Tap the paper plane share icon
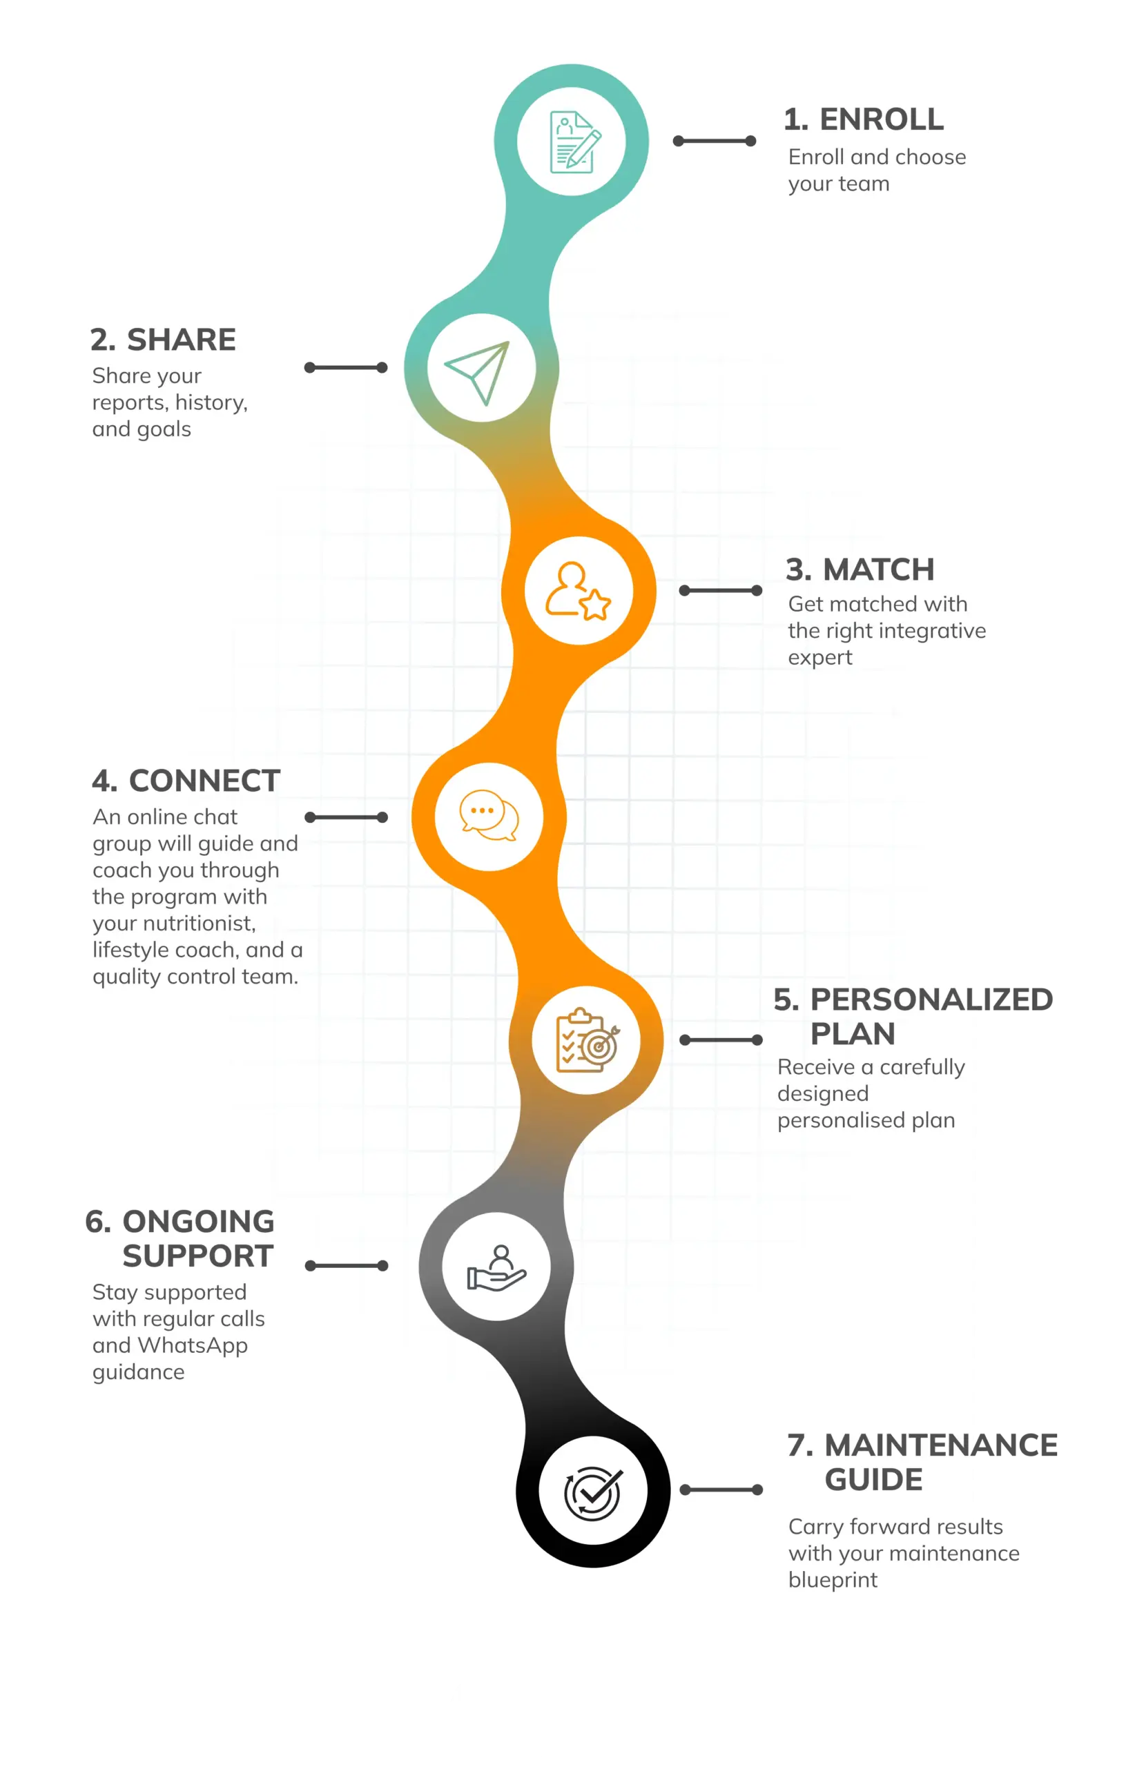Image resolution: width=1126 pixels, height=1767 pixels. click(477, 372)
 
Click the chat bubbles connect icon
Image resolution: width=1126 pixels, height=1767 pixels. click(489, 815)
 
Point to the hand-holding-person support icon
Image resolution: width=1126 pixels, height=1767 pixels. click(496, 1268)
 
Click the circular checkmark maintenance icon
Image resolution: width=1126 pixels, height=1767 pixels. click(593, 1492)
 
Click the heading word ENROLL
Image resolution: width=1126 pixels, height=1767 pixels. click(882, 119)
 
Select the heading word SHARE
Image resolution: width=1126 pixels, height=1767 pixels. click(182, 340)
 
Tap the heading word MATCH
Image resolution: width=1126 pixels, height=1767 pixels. click(879, 569)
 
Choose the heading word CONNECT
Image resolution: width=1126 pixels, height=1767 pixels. click(205, 781)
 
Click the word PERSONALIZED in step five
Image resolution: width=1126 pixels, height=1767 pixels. click(931, 999)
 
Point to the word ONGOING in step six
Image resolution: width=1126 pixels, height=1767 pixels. click(198, 1222)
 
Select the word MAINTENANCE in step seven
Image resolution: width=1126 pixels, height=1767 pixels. click(941, 1445)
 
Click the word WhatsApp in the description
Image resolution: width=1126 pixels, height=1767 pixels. click(193, 1345)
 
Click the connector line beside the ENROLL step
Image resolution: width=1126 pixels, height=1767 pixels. click(715, 141)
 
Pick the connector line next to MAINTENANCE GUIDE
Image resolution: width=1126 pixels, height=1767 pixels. click(721, 1490)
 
